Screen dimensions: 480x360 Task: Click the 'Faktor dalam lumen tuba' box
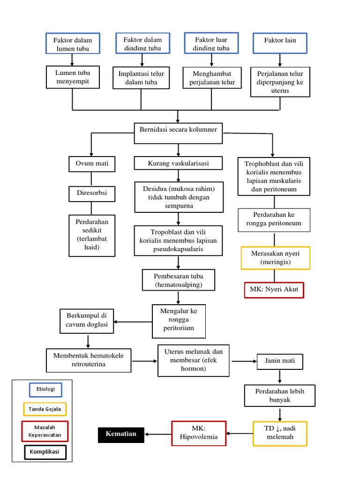coord(72,43)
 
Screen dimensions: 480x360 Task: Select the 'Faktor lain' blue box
coord(280,43)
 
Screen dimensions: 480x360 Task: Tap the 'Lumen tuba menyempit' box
coord(72,77)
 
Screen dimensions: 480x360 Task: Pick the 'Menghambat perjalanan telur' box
coord(211,77)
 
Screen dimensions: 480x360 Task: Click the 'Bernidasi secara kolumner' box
coord(178,129)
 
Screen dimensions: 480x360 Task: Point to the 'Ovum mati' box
coord(91,164)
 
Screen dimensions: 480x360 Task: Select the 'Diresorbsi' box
coord(91,192)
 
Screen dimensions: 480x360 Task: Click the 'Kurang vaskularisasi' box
coord(178,163)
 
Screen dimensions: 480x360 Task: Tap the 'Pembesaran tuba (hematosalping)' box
coord(178,280)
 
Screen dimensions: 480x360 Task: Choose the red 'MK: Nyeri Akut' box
coord(274,289)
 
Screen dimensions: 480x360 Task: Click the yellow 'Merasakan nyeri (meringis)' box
coord(275,258)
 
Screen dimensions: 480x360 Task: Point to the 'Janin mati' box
coord(280,361)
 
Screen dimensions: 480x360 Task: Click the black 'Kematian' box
coord(121,435)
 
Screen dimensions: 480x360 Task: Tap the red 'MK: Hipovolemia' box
coord(199,434)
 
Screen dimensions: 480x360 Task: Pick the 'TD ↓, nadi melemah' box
coord(280,433)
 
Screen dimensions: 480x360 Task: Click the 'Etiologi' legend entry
coord(45,389)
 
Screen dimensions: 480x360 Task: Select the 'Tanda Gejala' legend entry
coord(45,409)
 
